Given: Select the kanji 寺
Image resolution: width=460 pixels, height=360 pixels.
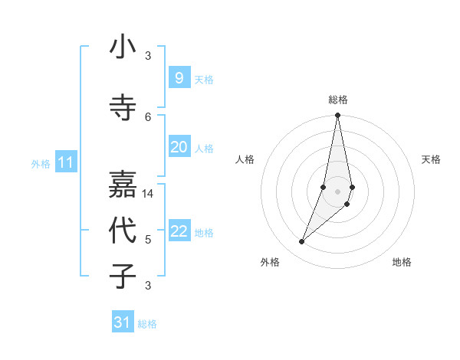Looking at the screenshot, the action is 123,107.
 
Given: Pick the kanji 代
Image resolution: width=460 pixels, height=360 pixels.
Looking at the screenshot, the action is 123,230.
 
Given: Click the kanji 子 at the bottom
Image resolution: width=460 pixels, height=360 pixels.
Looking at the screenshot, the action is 123,276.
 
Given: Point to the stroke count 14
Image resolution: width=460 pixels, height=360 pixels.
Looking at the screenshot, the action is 149,194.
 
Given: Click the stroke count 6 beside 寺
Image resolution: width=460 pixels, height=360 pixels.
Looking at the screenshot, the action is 148,116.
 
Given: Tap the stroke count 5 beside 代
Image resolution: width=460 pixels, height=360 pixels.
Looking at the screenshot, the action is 148,240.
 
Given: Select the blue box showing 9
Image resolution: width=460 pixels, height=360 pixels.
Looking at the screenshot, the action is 179,77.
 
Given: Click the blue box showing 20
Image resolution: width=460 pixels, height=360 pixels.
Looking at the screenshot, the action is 179,147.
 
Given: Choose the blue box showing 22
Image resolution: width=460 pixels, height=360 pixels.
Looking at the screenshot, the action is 179,231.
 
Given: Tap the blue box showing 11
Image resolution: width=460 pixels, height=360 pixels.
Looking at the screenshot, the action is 65,162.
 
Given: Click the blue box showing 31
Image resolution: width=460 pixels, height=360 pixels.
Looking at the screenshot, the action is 123,322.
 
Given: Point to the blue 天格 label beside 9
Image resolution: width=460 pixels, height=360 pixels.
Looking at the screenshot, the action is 204,80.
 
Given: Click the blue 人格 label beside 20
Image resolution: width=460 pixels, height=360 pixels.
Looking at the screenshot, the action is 204,149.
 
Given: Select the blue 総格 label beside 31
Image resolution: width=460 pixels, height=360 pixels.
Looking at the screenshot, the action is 147,324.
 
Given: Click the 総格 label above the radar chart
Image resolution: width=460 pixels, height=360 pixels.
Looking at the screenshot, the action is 337,100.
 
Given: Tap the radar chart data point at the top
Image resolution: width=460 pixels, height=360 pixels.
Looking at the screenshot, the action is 337,116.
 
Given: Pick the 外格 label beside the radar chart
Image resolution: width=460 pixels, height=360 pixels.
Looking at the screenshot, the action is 270,262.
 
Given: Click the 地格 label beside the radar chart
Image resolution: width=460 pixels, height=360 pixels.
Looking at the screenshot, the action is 402,262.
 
